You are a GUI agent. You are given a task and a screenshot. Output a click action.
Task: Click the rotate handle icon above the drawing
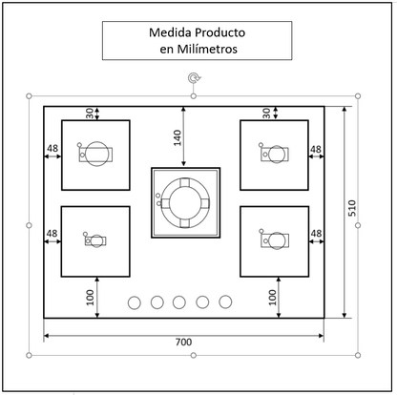coord(195,79)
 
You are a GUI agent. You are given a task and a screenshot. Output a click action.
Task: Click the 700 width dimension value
coord(184,342)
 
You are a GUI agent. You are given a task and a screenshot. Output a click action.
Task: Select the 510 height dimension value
coord(351,210)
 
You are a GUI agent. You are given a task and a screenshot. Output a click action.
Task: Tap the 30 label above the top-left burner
coord(91,113)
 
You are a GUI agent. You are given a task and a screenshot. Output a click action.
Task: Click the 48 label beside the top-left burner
coord(52,149)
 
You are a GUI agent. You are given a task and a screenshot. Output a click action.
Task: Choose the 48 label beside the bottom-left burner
coord(52,234)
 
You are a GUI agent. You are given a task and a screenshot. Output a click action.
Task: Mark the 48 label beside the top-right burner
coord(316,149)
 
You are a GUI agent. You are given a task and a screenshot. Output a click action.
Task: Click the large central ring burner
coord(184,202)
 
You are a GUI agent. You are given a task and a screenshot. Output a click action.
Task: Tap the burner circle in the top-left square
coord(96,154)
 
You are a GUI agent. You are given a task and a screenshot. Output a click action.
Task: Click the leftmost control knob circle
coord(134,302)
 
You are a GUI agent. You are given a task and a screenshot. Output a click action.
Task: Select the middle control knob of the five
coord(179,302)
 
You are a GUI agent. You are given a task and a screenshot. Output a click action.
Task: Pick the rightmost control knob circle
coord(225,302)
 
